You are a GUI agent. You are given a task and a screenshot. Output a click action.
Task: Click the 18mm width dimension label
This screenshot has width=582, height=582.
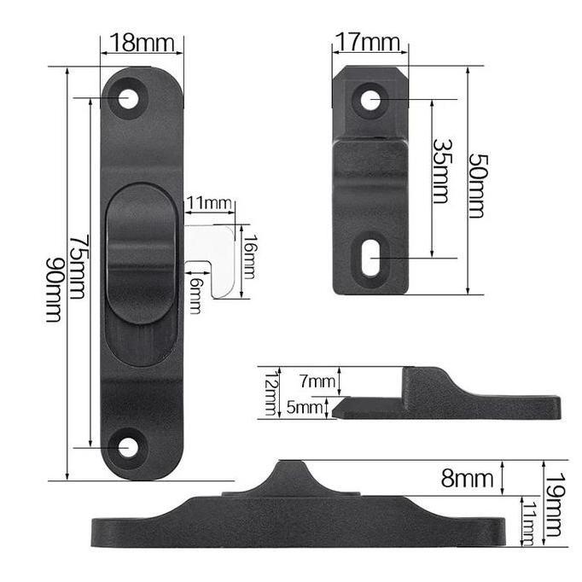143,43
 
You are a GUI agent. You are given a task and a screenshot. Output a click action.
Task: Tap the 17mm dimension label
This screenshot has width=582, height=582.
368,42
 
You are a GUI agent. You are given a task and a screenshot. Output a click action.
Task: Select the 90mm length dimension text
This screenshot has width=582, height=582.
55,290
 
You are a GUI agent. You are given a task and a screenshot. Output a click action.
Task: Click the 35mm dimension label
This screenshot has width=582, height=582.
442,172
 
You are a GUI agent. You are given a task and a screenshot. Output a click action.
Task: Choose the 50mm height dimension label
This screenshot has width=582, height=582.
477,185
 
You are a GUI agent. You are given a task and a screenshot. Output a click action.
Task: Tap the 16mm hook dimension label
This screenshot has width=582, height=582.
249,257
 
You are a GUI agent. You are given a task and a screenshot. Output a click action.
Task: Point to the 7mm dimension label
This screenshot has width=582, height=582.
317,381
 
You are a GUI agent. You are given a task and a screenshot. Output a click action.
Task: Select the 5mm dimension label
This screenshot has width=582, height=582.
305,408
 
